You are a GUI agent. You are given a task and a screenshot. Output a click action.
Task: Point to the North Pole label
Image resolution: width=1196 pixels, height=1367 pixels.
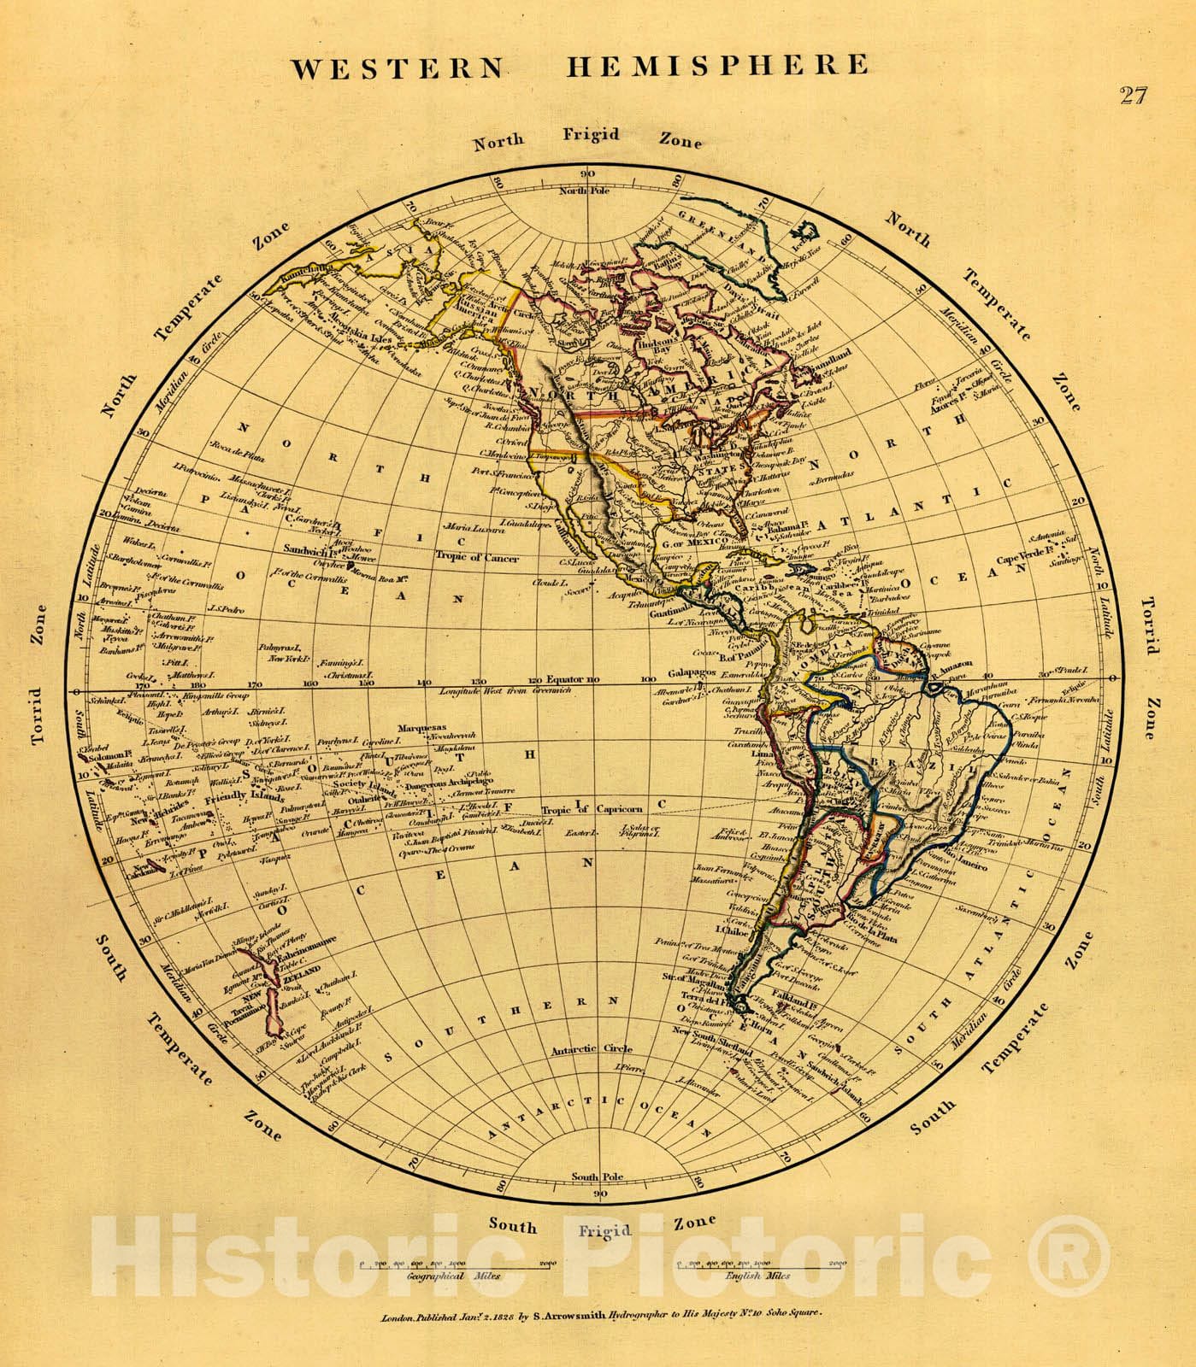coord(583,191)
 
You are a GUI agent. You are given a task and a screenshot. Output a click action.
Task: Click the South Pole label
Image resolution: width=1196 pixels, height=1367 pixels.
coord(598,1177)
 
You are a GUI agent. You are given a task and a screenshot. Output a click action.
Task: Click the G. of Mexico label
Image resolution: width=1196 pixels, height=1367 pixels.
coord(694,543)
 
